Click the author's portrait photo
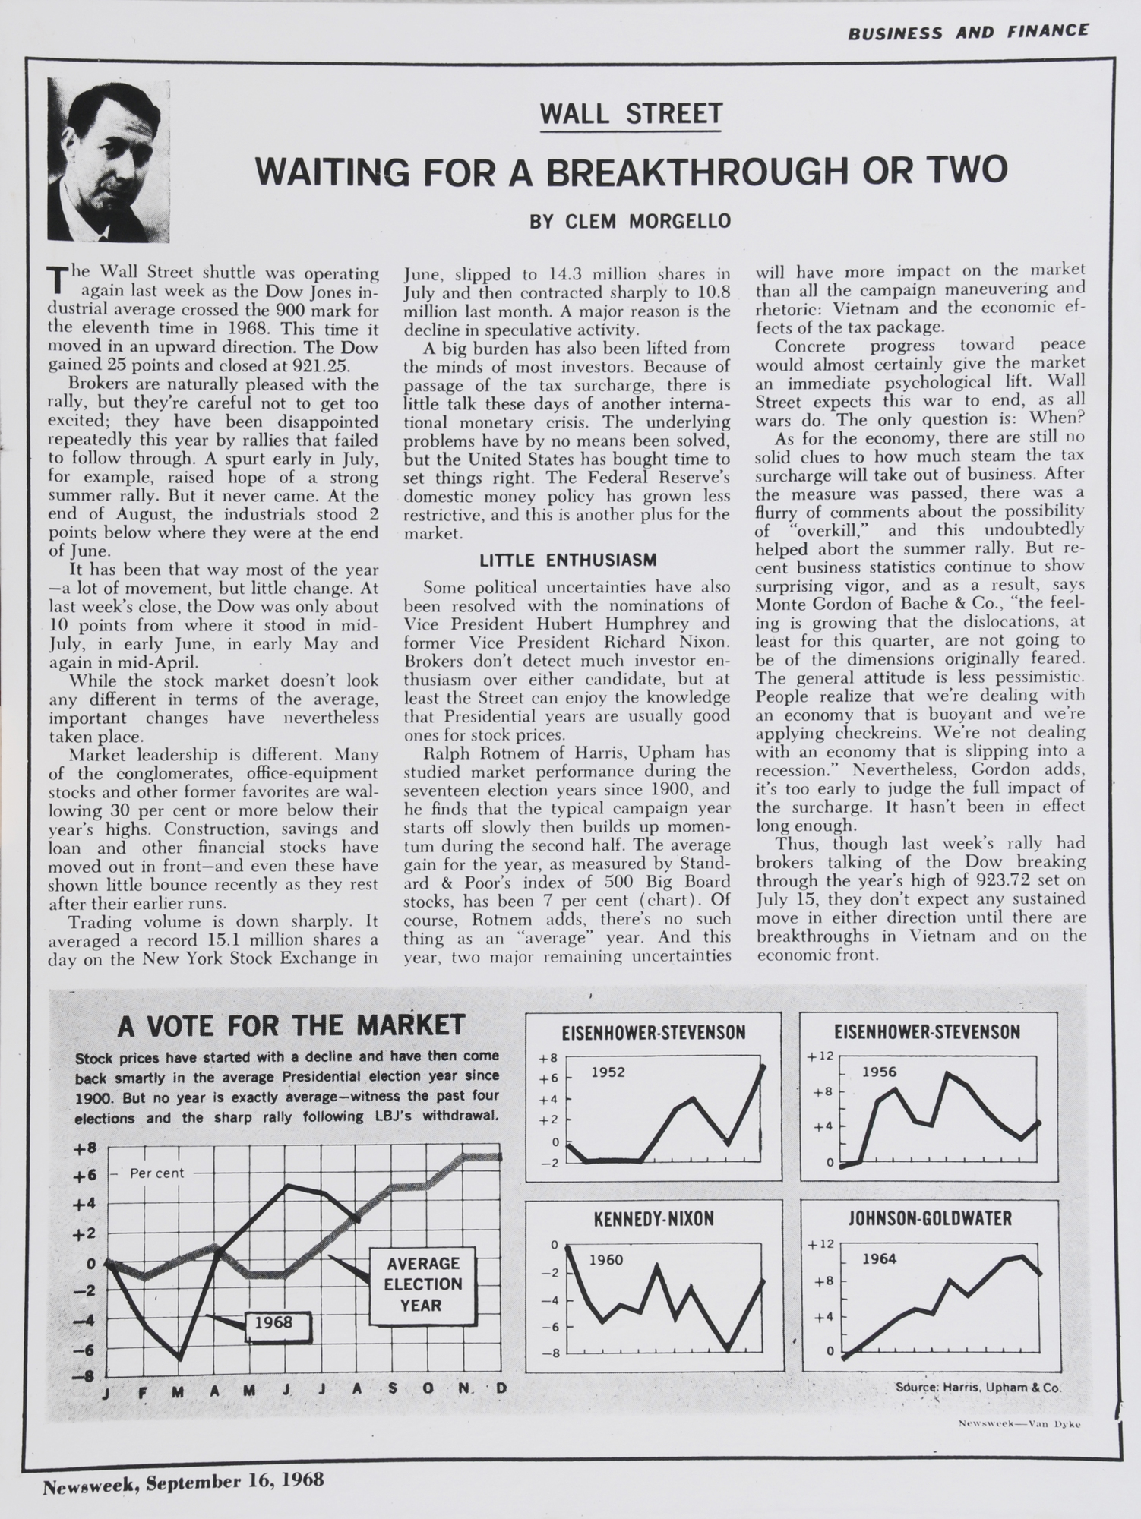(x=109, y=160)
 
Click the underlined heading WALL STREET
(x=630, y=114)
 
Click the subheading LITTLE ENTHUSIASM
(x=567, y=561)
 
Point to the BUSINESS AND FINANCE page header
(x=968, y=32)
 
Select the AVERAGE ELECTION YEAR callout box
(x=422, y=1284)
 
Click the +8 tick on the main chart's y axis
(x=84, y=1148)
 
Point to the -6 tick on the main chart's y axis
(x=84, y=1350)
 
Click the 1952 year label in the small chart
(x=608, y=1072)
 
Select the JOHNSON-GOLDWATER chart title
(x=929, y=1219)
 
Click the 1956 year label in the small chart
(x=879, y=1072)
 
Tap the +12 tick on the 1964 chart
(x=823, y=1244)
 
